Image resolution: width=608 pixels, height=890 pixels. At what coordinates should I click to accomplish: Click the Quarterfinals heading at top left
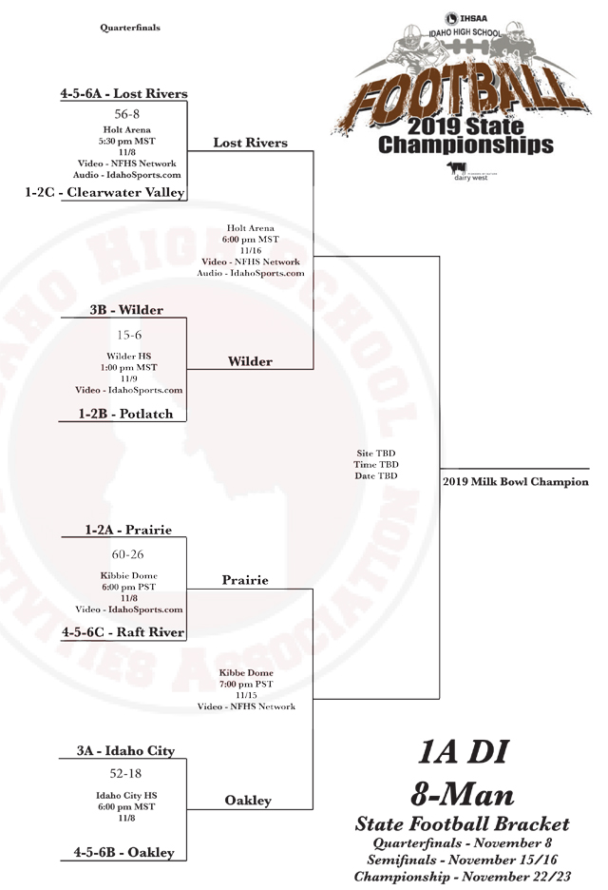tap(130, 28)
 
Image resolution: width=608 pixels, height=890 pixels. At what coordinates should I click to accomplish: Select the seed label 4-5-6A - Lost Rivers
tap(124, 93)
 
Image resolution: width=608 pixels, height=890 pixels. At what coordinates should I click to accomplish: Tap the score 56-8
tap(127, 114)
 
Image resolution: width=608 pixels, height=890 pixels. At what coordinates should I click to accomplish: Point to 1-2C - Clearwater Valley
tap(104, 192)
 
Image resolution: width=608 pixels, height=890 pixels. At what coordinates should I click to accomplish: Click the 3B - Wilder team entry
tap(126, 310)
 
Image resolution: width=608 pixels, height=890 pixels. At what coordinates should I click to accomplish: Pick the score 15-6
tap(129, 335)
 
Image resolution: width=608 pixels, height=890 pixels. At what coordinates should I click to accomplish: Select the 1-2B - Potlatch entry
tap(125, 414)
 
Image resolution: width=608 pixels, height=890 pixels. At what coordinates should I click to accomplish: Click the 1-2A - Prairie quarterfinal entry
tap(128, 530)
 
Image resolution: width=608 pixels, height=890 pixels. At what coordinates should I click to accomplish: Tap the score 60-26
tap(127, 554)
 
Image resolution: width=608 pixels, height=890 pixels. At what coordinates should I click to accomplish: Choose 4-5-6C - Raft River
tap(123, 631)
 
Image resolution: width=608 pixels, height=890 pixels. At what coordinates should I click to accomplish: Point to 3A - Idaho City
tap(126, 750)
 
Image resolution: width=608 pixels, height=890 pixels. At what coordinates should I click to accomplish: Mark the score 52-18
tap(126, 773)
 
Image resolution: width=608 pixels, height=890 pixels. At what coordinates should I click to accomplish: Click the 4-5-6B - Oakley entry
tap(124, 852)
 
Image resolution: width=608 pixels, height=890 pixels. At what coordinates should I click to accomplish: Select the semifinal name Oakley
tap(248, 801)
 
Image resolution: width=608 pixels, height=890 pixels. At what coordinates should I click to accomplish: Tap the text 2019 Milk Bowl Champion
tap(516, 482)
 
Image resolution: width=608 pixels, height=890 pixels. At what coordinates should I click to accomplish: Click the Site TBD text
tap(376, 453)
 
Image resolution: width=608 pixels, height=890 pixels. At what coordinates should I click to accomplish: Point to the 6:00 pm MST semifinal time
tap(251, 240)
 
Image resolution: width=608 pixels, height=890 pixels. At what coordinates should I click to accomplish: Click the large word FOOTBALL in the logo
tap(463, 90)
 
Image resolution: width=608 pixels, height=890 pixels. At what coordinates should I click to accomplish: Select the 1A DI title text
tap(464, 751)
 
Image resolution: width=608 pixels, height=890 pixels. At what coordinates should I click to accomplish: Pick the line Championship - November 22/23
tap(463, 877)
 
